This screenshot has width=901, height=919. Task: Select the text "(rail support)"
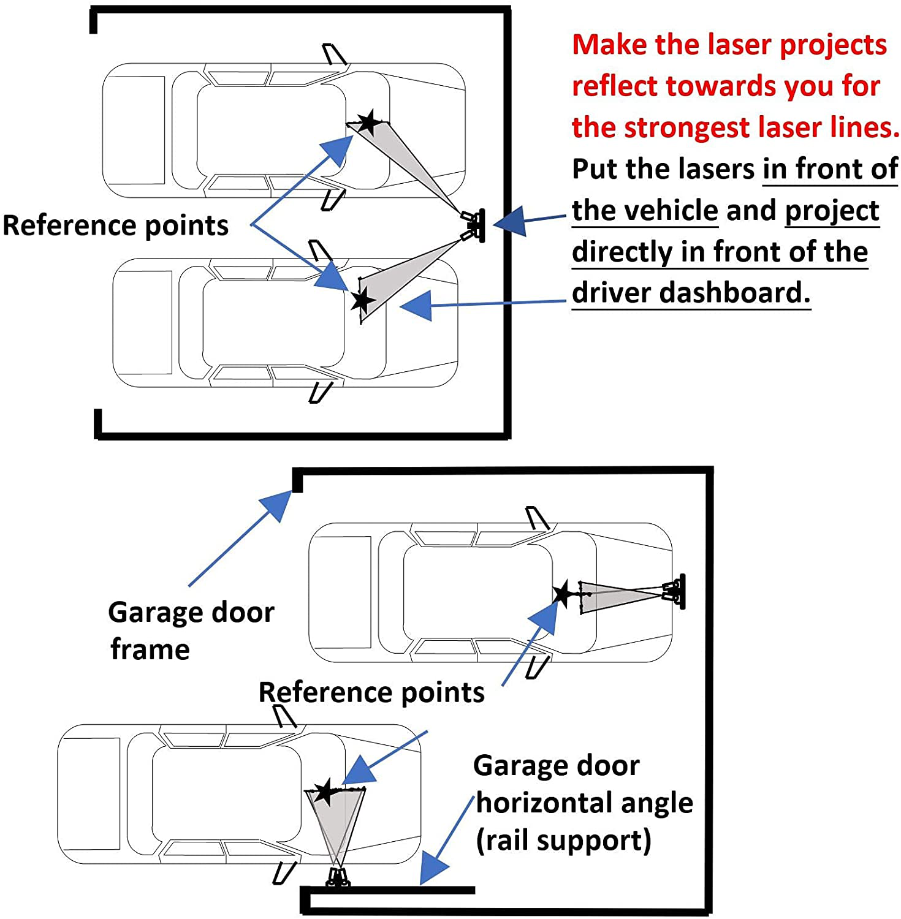pyautogui.click(x=563, y=840)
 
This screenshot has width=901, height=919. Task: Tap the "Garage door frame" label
pyautogui.click(x=191, y=630)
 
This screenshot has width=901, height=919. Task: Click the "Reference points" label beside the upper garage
pyautogui.click(x=115, y=225)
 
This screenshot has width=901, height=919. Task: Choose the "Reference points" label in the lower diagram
pyautogui.click(x=371, y=692)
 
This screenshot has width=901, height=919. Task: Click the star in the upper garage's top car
pyautogui.click(x=368, y=122)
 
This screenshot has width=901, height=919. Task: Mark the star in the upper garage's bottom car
pyautogui.click(x=362, y=301)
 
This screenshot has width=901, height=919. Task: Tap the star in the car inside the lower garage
pyautogui.click(x=563, y=594)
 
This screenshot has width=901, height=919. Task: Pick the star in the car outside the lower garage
pyautogui.click(x=324, y=792)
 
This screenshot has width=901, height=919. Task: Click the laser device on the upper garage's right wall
pyautogui.click(x=474, y=225)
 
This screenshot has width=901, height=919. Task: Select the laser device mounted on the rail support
pyautogui.click(x=338, y=878)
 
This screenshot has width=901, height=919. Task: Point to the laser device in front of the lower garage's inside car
pyautogui.click(x=675, y=591)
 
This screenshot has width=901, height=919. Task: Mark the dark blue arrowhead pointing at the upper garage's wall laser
pyautogui.click(x=510, y=222)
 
